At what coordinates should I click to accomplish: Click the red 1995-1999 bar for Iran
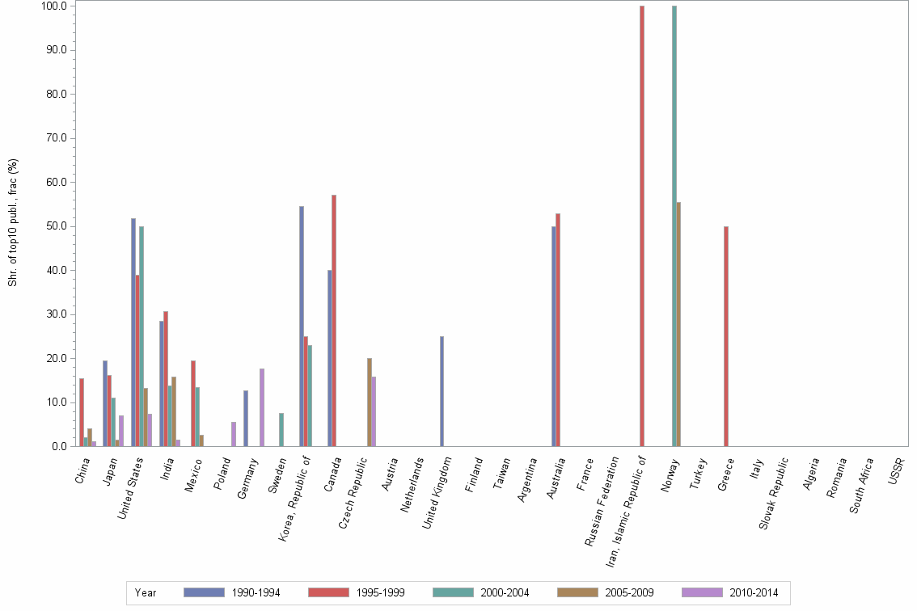tap(642, 226)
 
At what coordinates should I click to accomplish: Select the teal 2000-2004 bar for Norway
tap(674, 226)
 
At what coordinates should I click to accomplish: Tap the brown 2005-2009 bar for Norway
tap(678, 324)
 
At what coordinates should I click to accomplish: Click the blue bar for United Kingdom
tap(442, 391)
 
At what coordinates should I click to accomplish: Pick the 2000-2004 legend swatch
tap(454, 592)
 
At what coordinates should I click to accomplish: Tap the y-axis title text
tap(13, 222)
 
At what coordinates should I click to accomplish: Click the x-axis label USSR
tap(896, 470)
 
